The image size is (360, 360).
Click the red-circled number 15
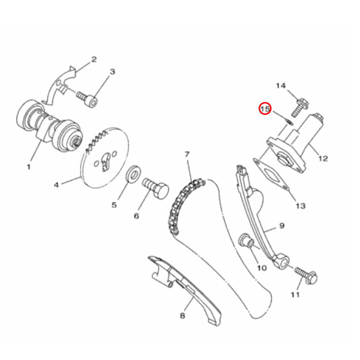(265, 109)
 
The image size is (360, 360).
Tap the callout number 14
(281, 86)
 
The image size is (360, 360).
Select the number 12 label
(323, 158)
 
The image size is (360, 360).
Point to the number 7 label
(187, 154)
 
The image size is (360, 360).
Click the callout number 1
(28, 167)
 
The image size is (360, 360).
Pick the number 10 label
(261, 268)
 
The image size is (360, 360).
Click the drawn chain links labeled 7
(180, 205)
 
